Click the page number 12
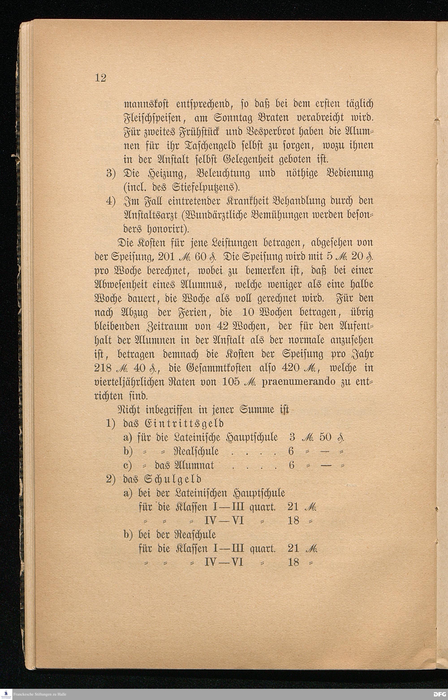(x=100, y=78)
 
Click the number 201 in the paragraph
(x=166, y=256)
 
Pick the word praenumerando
(x=298, y=381)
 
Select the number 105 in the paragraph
(x=231, y=381)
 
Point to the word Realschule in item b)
(x=196, y=451)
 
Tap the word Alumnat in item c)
(x=194, y=465)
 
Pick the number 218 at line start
(x=103, y=368)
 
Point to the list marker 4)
(x=111, y=201)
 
